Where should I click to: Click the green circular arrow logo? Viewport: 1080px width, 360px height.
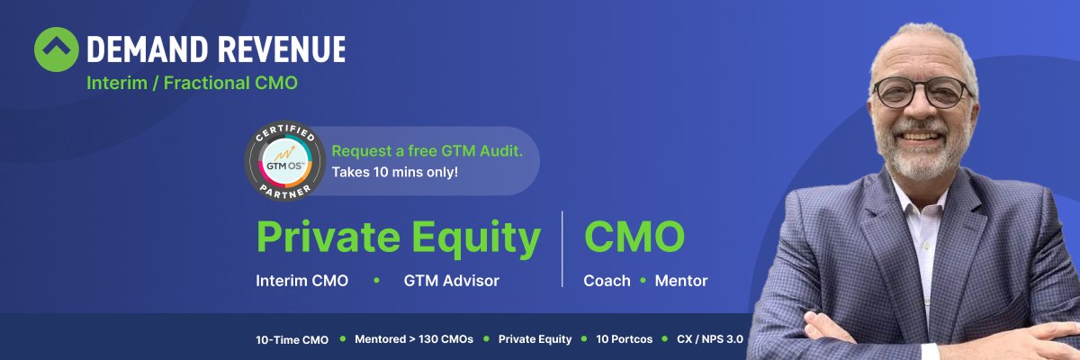tap(57, 49)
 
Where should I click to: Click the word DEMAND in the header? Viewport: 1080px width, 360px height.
tap(148, 49)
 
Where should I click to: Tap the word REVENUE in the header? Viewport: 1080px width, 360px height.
tap(282, 49)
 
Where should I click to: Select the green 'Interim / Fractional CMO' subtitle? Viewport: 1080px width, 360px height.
tap(192, 83)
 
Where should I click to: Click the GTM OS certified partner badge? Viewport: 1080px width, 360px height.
tap(285, 160)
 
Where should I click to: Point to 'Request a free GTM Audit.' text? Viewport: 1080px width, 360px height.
tap(427, 151)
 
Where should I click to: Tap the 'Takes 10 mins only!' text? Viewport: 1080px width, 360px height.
tap(395, 172)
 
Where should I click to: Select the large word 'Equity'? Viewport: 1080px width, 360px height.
tap(476, 239)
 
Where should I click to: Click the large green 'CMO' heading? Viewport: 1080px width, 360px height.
tap(634, 236)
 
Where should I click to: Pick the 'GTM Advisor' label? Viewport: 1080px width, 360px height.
tap(451, 281)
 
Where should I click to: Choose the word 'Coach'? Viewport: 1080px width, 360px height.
tap(607, 281)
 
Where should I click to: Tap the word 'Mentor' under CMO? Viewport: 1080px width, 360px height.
tap(680, 281)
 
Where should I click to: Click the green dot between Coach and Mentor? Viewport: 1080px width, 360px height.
tap(643, 280)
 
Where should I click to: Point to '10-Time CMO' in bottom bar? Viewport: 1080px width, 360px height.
tap(292, 340)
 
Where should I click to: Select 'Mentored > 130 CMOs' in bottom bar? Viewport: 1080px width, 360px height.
tap(414, 339)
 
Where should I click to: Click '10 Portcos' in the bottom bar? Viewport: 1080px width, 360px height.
tap(625, 339)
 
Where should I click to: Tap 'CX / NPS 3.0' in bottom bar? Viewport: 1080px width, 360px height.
tap(710, 339)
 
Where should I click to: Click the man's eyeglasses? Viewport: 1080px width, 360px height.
tap(922, 92)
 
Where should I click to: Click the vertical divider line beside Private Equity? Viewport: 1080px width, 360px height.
tap(562, 248)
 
